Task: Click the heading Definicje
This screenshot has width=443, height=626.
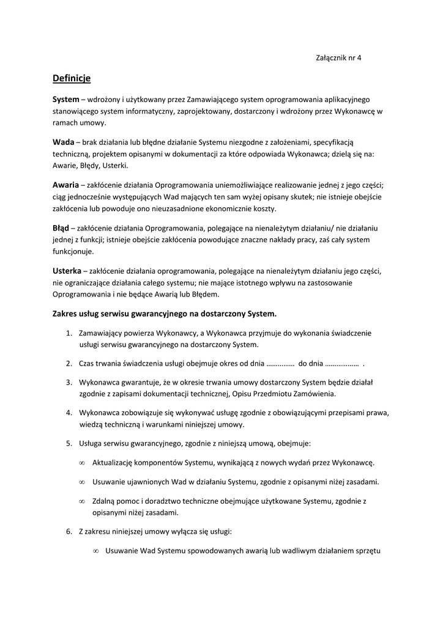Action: tap(72, 78)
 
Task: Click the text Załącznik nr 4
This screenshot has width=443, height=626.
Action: tap(338, 58)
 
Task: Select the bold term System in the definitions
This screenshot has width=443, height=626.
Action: tap(66, 98)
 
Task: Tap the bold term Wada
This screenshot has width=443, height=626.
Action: tap(64, 141)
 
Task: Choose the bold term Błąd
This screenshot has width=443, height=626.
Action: tap(61, 227)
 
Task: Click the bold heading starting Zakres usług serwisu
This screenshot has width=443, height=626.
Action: tap(165, 314)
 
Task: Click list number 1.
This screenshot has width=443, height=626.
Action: tap(69, 333)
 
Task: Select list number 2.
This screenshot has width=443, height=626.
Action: tap(69, 363)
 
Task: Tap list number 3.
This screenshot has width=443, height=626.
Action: tap(69, 382)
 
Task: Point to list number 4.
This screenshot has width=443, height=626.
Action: tap(69, 413)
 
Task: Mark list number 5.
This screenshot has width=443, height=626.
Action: tap(69, 443)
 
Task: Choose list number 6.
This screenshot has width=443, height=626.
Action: tap(69, 531)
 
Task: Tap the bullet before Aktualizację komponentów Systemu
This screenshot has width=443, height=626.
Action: tap(82, 463)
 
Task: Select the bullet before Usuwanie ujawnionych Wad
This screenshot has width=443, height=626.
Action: tap(82, 482)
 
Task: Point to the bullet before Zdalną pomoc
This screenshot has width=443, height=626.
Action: tap(82, 501)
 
